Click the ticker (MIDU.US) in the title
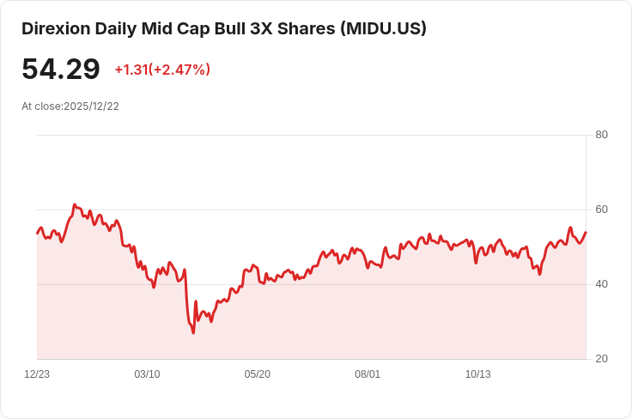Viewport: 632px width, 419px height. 383,29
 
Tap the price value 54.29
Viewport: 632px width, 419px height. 61,70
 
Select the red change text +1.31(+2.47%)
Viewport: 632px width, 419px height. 162,70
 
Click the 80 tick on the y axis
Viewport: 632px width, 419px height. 601,135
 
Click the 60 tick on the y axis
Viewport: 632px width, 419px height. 601,209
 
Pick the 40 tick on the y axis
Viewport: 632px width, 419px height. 601,284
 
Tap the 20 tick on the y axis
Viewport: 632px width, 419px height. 601,359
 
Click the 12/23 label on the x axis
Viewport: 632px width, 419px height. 37,374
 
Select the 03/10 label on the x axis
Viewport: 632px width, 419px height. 147,374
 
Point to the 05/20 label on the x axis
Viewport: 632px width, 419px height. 257,374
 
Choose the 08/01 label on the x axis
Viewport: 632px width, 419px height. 368,374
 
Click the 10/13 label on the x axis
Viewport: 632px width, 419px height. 477,374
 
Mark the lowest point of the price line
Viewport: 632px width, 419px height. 193,332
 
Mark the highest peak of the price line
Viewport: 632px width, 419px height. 75,205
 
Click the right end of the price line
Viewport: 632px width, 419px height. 586,232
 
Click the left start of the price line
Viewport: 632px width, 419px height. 37,234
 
